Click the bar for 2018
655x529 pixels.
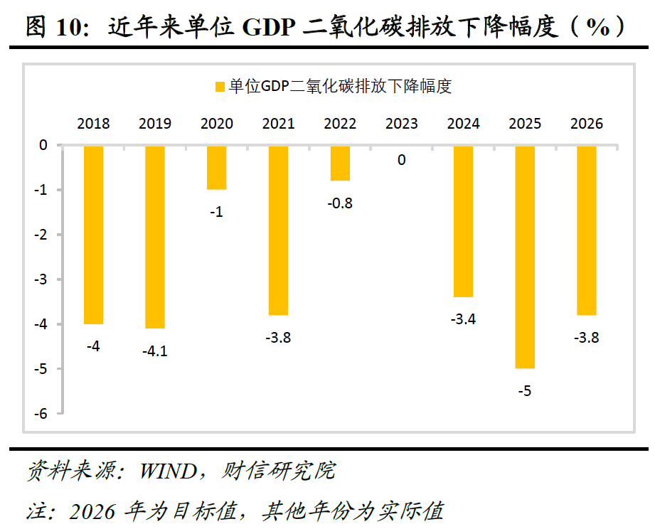(93, 235)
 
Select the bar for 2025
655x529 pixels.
(525, 257)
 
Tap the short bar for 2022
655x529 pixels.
(340, 163)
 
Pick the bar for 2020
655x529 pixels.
(217, 168)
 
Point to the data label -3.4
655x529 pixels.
(463, 319)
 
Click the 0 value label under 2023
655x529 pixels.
(402, 161)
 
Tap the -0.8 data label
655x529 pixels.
(340, 203)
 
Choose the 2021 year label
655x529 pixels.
(278, 124)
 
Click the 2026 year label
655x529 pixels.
(587, 124)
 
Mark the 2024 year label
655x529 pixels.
(463, 124)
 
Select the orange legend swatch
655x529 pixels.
(219, 87)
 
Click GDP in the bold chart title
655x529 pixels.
(270, 28)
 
